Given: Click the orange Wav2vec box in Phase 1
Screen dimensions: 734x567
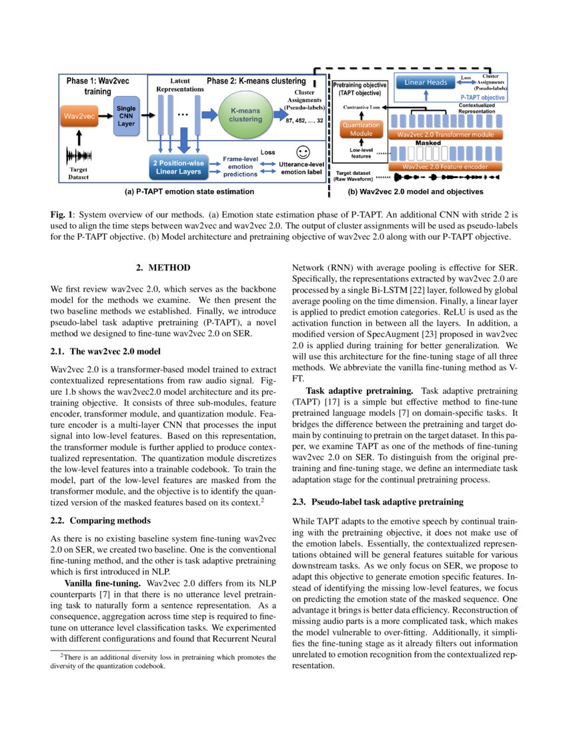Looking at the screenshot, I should point(79,117).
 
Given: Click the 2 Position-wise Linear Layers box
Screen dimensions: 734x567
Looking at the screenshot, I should point(182,165).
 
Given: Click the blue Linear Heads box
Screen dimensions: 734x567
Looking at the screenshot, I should point(424,83).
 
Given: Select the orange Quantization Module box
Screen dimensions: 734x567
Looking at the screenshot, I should point(360,129).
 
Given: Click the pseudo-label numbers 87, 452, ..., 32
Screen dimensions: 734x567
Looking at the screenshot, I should point(304,121).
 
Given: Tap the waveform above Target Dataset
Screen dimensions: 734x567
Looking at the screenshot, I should point(78,156).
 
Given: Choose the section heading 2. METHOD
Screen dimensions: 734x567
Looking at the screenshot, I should point(163,268).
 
